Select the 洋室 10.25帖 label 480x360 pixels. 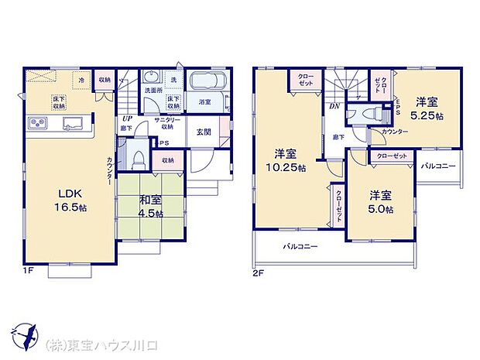pos(284,159)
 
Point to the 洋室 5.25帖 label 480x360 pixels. pos(428,109)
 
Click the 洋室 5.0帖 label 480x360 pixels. pos(379,201)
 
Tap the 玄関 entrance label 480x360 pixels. pos(204,132)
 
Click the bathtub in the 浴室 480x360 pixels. pos(205,84)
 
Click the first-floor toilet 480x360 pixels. pos(138,159)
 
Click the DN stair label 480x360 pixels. pos(334,105)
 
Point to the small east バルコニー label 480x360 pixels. pos(438,166)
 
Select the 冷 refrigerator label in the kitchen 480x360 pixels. pos(81,78)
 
